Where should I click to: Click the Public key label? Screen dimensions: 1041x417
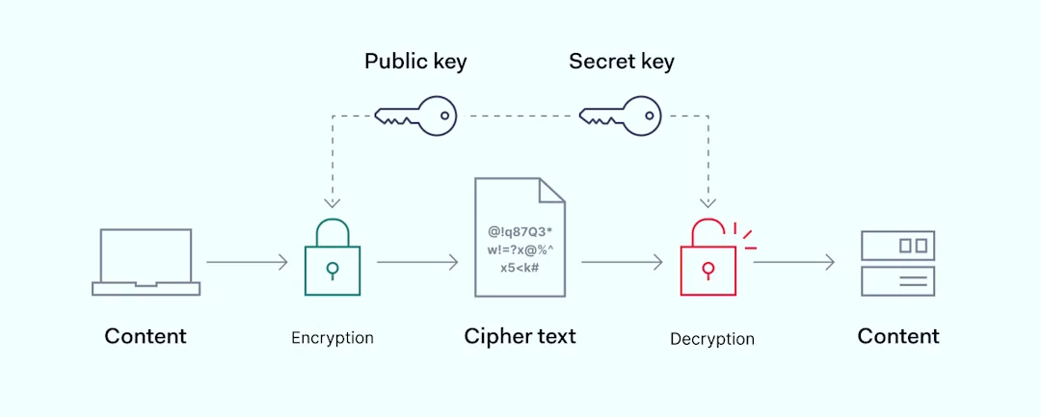tap(415, 63)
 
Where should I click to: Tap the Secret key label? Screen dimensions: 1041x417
tap(622, 63)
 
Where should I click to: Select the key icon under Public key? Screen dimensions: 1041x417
tap(415, 116)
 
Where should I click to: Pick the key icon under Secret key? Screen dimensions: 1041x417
tap(620, 116)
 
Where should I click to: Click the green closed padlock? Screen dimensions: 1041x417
tap(333, 256)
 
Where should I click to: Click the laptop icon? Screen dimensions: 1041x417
tap(147, 262)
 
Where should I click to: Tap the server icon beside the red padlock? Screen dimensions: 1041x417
tap(897, 263)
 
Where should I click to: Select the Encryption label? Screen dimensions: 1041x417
tap(333, 338)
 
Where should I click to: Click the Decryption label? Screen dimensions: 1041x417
tap(712, 339)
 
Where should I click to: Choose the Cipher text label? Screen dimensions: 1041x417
tap(520, 336)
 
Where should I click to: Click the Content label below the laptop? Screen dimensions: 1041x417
tap(146, 336)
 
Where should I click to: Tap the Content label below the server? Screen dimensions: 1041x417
tap(898, 336)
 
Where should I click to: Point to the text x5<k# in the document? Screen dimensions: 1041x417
tap(520, 269)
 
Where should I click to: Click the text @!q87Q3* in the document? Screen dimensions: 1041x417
tap(520, 232)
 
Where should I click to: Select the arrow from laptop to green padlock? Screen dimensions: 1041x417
tap(247, 262)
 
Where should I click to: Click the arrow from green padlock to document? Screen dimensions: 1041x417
tap(417, 262)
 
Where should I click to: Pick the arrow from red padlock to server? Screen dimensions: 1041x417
tap(794, 263)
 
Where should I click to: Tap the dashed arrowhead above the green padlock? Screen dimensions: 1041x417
tap(332, 203)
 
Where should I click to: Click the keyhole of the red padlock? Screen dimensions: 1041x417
tap(708, 270)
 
